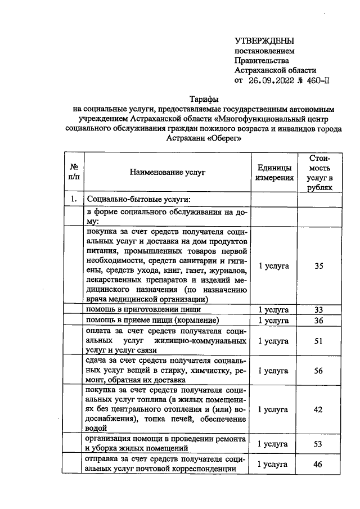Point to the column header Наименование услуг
pos(167,172)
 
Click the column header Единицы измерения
pos(275,173)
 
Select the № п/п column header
pos(74,172)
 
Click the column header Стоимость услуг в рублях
pos(319,173)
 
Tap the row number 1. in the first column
pos(74,199)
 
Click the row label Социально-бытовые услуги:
pos(138,199)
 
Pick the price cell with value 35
pos(319,265)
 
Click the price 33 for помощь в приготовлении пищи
pos(319,310)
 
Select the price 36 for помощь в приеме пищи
pos(319,320)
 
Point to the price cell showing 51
pos(319,341)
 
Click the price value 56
pos(319,370)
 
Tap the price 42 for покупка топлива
pos(319,409)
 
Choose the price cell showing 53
pos(319,444)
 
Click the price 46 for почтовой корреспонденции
pos(319,464)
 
